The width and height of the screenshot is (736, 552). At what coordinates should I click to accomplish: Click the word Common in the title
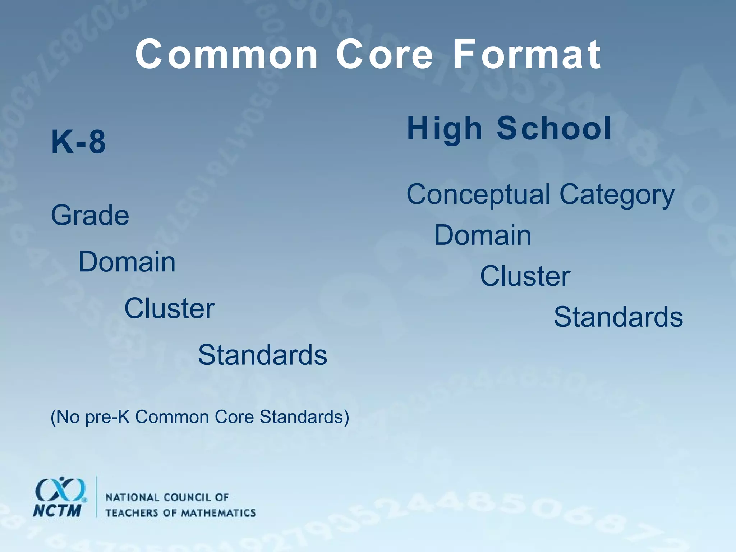coord(227,55)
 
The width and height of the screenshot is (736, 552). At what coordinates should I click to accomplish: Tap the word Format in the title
coord(527,55)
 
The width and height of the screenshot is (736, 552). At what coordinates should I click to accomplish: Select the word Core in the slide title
coord(385,55)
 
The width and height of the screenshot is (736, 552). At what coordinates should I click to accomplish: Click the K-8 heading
coord(79,142)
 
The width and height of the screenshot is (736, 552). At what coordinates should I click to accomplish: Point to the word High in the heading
coord(444,129)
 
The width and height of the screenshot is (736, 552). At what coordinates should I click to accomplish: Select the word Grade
coord(90,215)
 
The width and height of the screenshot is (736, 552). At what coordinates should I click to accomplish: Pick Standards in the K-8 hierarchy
coord(262,355)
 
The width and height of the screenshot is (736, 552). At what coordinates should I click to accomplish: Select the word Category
coord(617,195)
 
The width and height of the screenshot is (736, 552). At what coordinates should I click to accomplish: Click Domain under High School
coord(483,235)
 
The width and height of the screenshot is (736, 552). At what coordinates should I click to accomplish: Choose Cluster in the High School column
coord(525,276)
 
